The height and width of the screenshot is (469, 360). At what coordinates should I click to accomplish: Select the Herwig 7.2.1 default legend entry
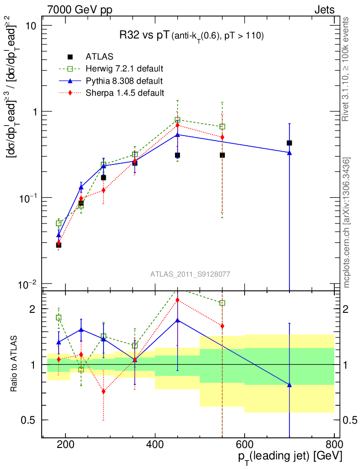pos(124,69)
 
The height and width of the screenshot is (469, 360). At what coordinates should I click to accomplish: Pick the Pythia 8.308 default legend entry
pos(124,81)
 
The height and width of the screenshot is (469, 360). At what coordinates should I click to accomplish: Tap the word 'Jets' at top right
pos(324,10)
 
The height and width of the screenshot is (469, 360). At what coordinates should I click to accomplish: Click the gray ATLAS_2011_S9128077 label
pos(190,274)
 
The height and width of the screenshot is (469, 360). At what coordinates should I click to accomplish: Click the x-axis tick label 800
pos(334,444)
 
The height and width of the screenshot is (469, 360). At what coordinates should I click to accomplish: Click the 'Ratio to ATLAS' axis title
pos(15,363)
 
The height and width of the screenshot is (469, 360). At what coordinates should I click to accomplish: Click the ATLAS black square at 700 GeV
pos(289,143)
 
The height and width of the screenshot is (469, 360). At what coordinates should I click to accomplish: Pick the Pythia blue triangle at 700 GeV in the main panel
pos(289,153)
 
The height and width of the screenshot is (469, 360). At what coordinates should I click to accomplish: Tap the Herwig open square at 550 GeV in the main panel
pos(222,126)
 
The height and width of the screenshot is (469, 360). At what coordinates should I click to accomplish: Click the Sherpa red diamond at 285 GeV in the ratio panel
pos(104,392)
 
